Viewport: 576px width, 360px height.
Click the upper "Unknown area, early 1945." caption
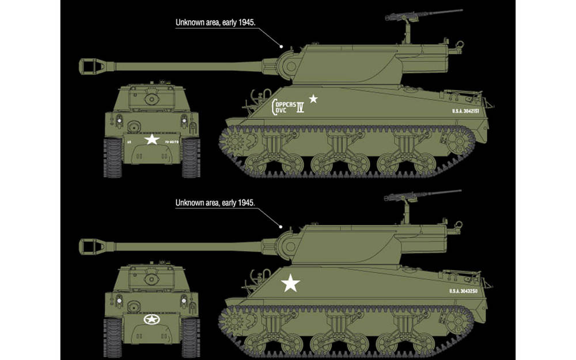tap(215, 22)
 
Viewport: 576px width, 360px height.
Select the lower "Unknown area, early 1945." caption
tap(215, 203)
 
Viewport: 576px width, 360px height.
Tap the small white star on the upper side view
tap(313, 98)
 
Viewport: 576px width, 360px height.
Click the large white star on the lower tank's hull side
tap(291, 283)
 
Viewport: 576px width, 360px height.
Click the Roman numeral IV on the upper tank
tap(300, 108)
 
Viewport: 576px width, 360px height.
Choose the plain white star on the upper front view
tap(151, 139)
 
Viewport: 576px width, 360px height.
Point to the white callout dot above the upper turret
tap(282, 45)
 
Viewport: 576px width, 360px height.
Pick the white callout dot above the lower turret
tap(282, 225)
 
